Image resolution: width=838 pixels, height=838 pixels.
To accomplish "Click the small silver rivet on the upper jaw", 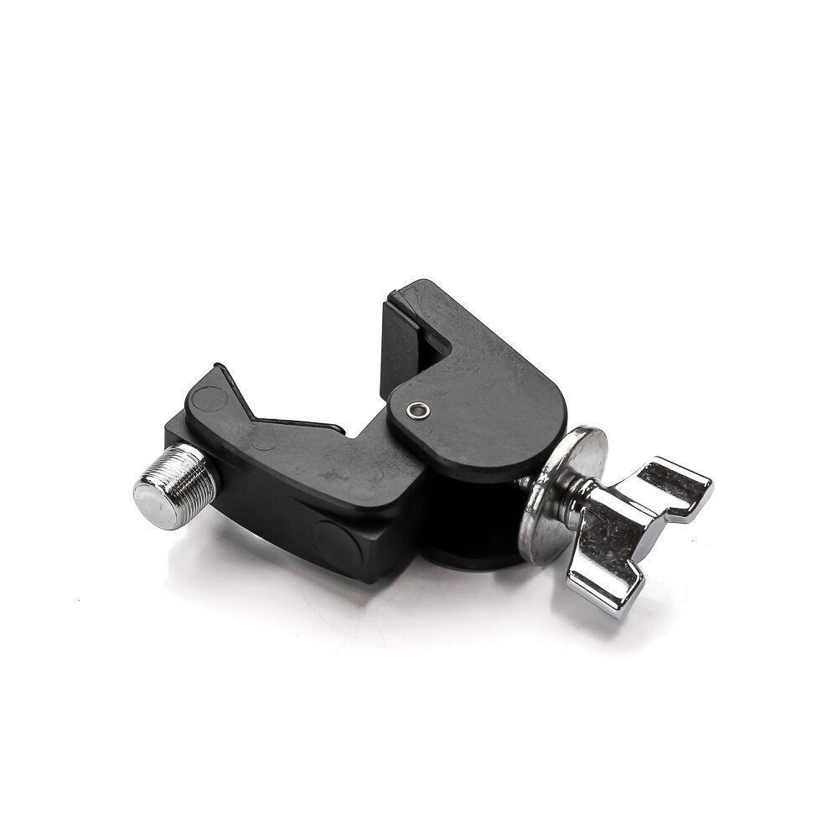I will click(416, 410).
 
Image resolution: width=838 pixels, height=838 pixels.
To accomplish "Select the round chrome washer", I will click(559, 494).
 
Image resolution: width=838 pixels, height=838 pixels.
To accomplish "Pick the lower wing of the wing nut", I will click(602, 582).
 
